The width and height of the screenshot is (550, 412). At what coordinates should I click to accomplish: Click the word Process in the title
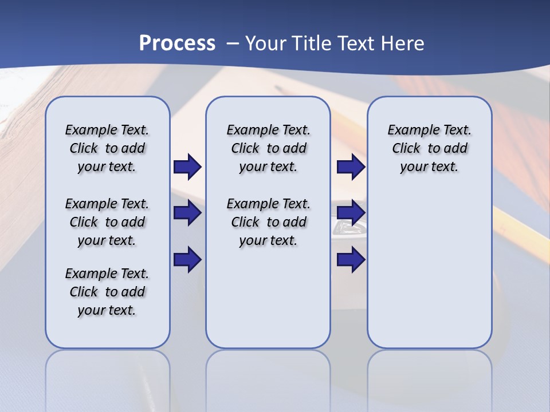(177, 43)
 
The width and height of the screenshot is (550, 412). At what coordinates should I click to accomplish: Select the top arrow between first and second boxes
(187, 167)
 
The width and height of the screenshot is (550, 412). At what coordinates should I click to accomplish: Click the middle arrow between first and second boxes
(187, 213)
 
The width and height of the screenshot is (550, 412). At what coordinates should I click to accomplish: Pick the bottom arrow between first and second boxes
(187, 260)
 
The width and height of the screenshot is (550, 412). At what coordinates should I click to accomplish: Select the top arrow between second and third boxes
(351, 167)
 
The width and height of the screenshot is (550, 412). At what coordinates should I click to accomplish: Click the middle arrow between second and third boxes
(351, 213)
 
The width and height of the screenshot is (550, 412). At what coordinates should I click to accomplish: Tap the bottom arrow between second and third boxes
(351, 260)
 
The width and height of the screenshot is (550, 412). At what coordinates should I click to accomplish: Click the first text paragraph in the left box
(107, 148)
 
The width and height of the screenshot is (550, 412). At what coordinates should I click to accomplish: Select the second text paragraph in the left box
(107, 222)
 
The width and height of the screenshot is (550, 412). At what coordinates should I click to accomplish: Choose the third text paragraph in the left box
(107, 292)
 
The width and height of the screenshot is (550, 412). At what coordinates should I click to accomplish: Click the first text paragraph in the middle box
(268, 148)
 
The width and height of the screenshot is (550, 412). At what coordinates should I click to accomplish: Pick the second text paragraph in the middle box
(268, 222)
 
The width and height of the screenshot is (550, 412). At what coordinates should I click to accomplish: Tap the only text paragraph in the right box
(430, 148)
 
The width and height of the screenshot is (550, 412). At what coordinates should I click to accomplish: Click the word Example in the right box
(409, 130)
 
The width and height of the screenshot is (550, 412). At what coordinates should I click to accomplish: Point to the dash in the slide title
(233, 43)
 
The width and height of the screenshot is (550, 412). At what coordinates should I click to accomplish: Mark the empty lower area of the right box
(430, 275)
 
